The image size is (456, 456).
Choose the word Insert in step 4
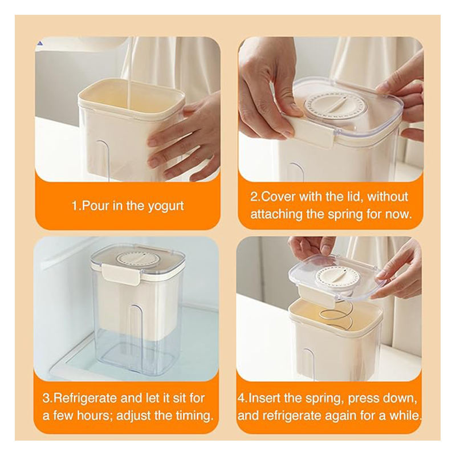(x=264, y=397)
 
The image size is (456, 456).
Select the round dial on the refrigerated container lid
(x=137, y=259)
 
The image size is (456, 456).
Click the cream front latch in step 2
(x=312, y=132)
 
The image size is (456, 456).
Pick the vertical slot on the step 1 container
(x=103, y=161)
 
